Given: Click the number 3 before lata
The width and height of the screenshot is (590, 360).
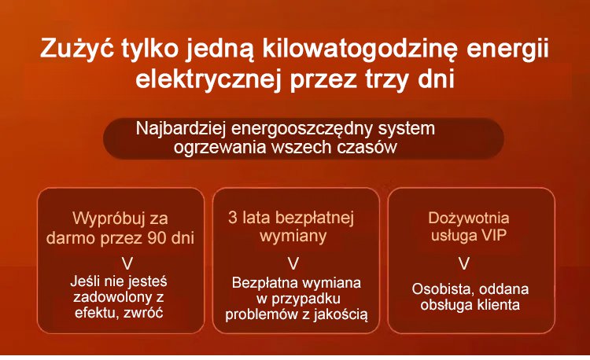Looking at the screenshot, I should coord(234,216).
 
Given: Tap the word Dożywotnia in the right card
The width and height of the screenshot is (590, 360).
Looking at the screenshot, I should coord(469,218).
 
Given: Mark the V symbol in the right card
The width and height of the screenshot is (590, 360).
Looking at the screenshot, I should coord(464,261).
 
